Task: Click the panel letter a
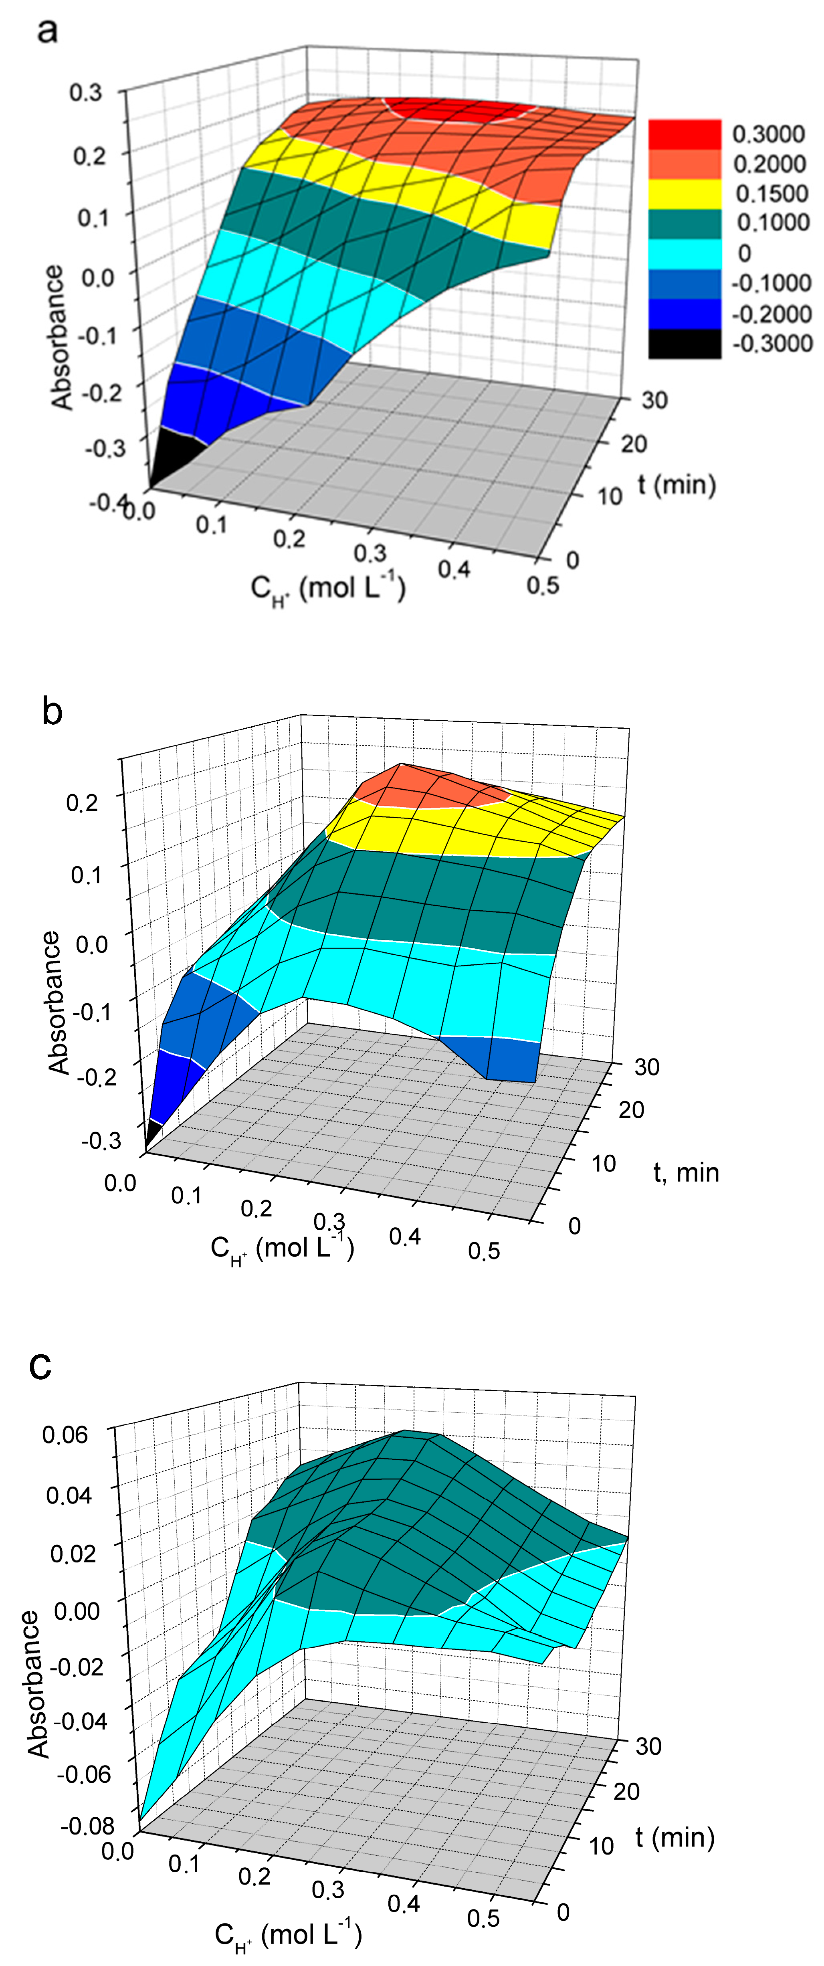point(47,32)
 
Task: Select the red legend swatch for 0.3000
point(685,134)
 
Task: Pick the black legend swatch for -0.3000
point(685,343)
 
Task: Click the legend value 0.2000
point(769,164)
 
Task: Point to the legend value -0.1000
point(771,283)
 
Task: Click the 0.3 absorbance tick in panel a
point(85,93)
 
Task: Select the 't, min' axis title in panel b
point(686,1172)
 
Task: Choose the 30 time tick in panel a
point(654,400)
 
